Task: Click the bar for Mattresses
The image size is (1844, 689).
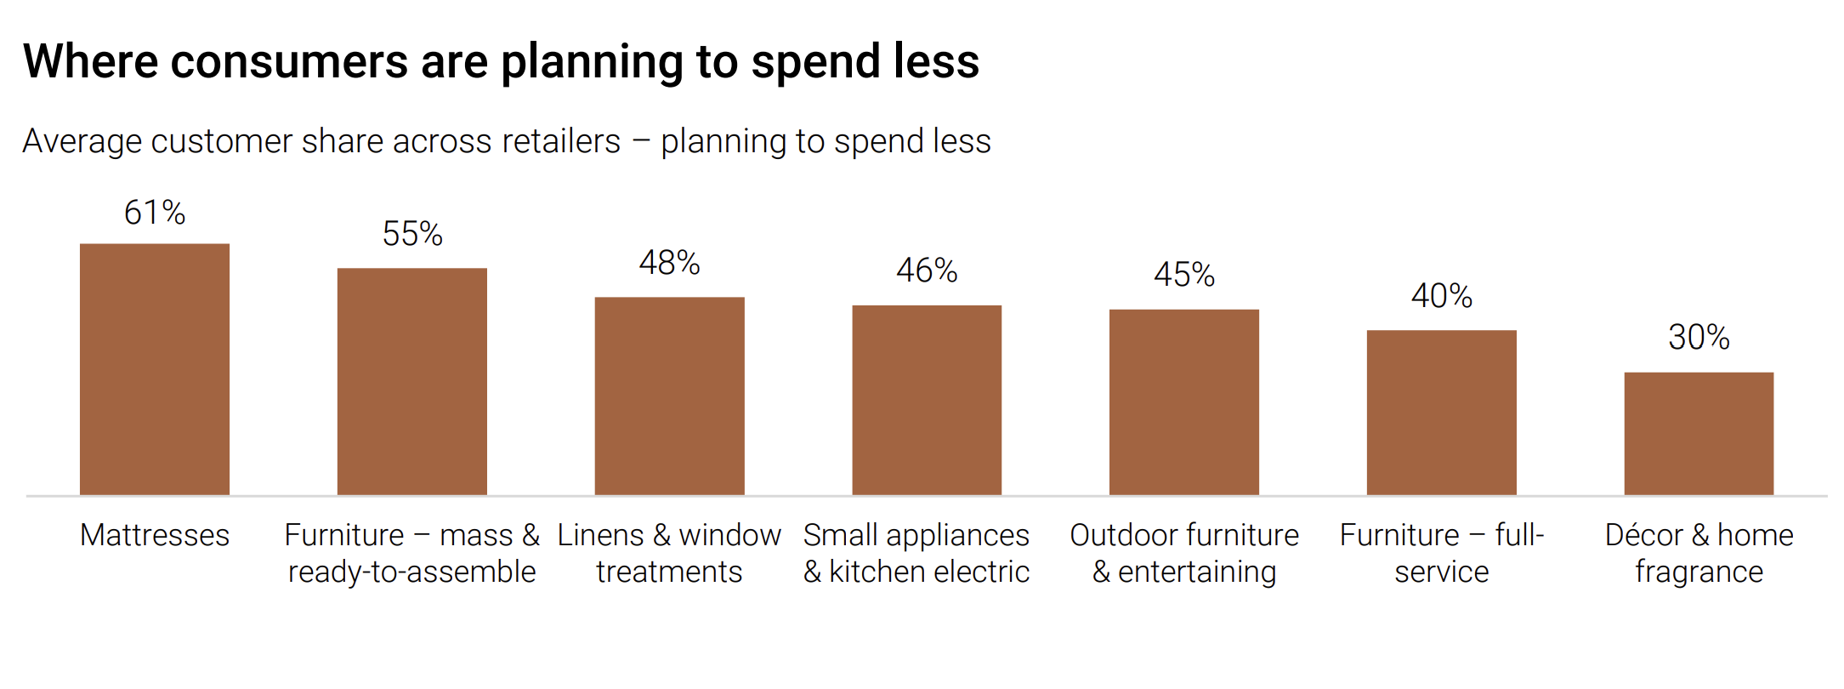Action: pos(155,369)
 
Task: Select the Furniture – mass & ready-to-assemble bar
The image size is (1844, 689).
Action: pos(412,381)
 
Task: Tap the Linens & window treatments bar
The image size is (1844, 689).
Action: pos(669,396)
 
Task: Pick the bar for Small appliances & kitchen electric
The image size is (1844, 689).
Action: pos(927,400)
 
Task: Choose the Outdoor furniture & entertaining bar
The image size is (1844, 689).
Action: pos(1184,401)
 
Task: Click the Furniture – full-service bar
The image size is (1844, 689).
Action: pos(1442,413)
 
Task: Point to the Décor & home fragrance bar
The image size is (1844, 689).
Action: pos(1699,433)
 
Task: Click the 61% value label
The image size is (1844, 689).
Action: pos(155,213)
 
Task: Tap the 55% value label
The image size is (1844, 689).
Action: pos(412,234)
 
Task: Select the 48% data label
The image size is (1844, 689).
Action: pos(669,263)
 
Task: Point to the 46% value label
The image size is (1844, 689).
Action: pos(927,270)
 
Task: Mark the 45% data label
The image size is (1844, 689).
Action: pos(1184,275)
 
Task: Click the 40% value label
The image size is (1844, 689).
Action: pos(1442,296)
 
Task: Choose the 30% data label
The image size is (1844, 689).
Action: pos(1699,338)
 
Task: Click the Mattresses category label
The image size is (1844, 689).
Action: pos(155,535)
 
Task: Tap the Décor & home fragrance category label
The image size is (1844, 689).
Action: pos(1699,553)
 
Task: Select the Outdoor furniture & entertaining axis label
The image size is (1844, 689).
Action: pos(1184,553)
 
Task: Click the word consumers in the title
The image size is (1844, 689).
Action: pos(290,62)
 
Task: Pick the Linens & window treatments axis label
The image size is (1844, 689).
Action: pos(669,553)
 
